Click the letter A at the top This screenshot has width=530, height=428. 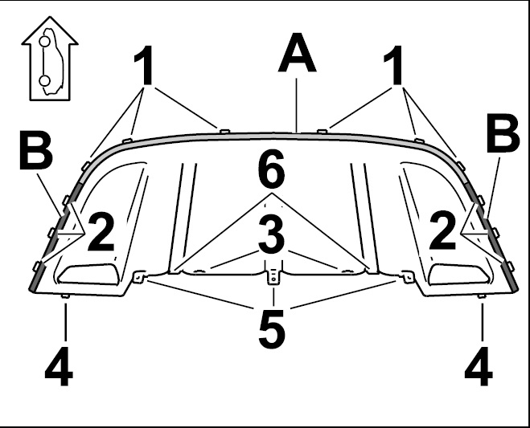click(x=297, y=53)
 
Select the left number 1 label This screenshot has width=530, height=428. click(x=144, y=65)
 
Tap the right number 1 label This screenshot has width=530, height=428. click(x=393, y=65)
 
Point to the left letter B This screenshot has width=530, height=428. click(x=36, y=150)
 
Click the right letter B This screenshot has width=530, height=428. click(x=503, y=132)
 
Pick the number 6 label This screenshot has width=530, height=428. click(x=271, y=169)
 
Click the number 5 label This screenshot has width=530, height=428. click(x=272, y=329)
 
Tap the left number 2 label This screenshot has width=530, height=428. click(x=101, y=232)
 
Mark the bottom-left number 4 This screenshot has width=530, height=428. click(x=59, y=366)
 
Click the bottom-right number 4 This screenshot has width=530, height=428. click(x=479, y=366)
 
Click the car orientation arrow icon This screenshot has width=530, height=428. click(x=50, y=59)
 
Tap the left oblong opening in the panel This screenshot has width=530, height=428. click(x=88, y=274)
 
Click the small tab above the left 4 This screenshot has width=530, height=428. click(x=65, y=296)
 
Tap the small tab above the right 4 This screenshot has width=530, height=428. click(x=482, y=296)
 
